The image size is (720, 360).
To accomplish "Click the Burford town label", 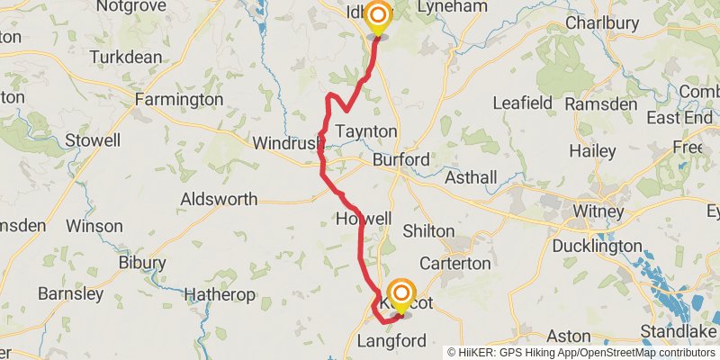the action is point(401,159).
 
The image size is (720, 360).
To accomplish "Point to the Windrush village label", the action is point(287,143).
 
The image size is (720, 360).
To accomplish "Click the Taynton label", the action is point(365,131).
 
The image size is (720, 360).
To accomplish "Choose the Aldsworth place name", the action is point(219,199).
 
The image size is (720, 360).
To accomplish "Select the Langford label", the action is point(391,341).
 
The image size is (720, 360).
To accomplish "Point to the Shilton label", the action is point(428,230).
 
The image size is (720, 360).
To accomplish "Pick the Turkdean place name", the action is point(126,57).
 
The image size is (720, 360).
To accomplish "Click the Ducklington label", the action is point(596,246).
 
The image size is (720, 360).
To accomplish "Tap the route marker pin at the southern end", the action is point(400,296).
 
